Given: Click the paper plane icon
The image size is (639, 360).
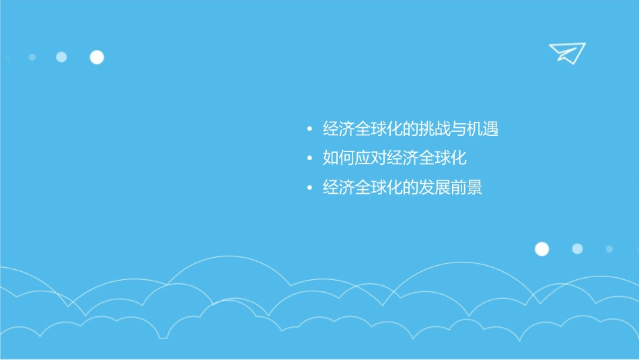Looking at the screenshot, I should click(567, 52).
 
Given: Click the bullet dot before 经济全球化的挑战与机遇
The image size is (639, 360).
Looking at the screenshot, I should click(309, 129).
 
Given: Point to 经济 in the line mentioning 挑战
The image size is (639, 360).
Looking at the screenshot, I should click(339, 129).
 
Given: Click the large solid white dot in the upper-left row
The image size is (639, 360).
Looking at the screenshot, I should click(97, 57).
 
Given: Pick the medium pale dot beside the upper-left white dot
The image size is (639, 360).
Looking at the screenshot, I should click(61, 57).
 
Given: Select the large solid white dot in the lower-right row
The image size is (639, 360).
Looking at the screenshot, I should click(541, 249).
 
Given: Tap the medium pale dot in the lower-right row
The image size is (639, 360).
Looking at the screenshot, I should click(577, 249).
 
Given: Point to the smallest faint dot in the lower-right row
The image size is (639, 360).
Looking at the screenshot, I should click(609, 249).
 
